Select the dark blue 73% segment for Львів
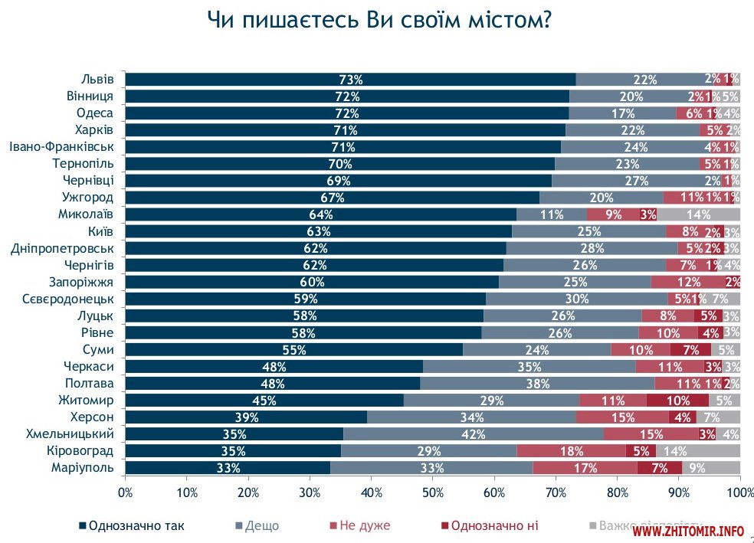coord(350,79)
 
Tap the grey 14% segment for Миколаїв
coord(698,214)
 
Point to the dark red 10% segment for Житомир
coord(677,401)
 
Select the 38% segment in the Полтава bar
coord(537,384)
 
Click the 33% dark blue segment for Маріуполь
coord(228,468)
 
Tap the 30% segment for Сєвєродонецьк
coord(576,299)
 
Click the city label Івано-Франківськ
coord(61,146)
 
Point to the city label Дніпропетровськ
coord(62,248)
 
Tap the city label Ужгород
coord(92,197)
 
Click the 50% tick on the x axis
coord(432,491)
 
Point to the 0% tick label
coord(125,491)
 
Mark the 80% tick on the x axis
coord(617,491)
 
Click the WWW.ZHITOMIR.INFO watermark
coord(688,530)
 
